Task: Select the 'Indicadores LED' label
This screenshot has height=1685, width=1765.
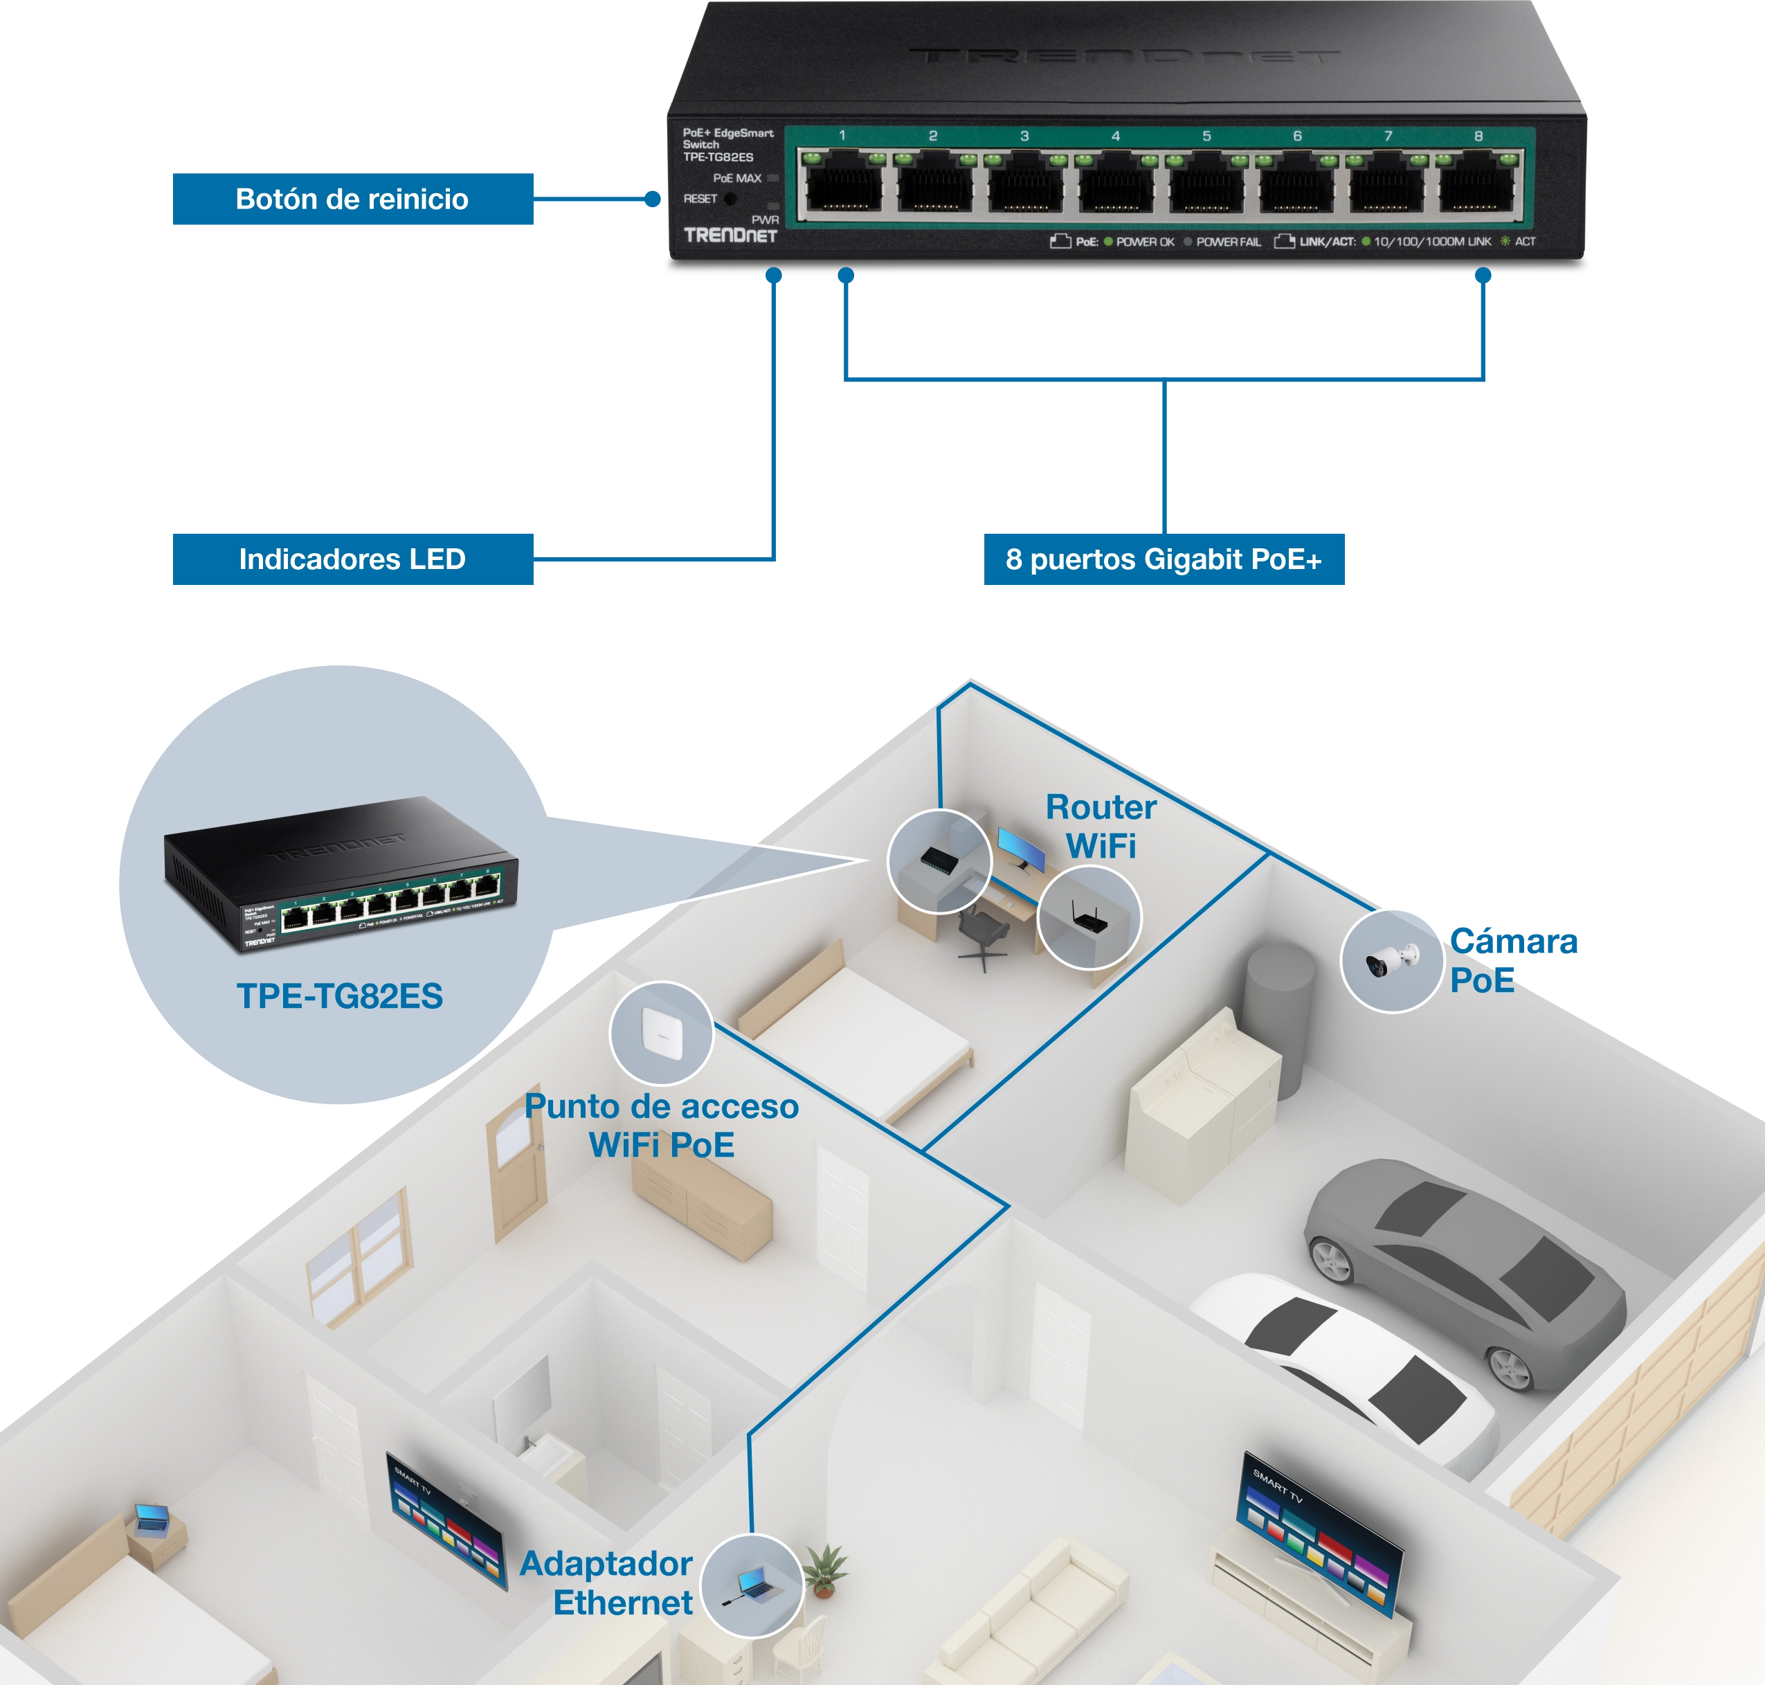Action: pyautogui.click(x=352, y=559)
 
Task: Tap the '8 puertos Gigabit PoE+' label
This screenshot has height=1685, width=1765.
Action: pyautogui.click(x=1164, y=559)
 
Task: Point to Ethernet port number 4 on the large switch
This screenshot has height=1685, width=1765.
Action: pyautogui.click(x=1114, y=186)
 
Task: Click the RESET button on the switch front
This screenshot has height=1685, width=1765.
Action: pyautogui.click(x=730, y=199)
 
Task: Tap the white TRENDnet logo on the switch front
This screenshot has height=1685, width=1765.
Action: pyautogui.click(x=730, y=235)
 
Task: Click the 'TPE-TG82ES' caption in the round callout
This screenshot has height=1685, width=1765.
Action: pyautogui.click(x=340, y=996)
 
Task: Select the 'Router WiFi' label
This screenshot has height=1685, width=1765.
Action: pyautogui.click(x=1101, y=827)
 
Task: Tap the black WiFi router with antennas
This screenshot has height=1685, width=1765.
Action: pyautogui.click(x=1088, y=919)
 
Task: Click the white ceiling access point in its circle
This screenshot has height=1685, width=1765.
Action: pyautogui.click(x=662, y=1033)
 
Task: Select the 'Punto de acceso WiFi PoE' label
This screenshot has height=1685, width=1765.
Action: pyautogui.click(x=661, y=1126)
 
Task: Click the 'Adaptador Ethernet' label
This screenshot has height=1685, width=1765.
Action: pyautogui.click(x=606, y=1583)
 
